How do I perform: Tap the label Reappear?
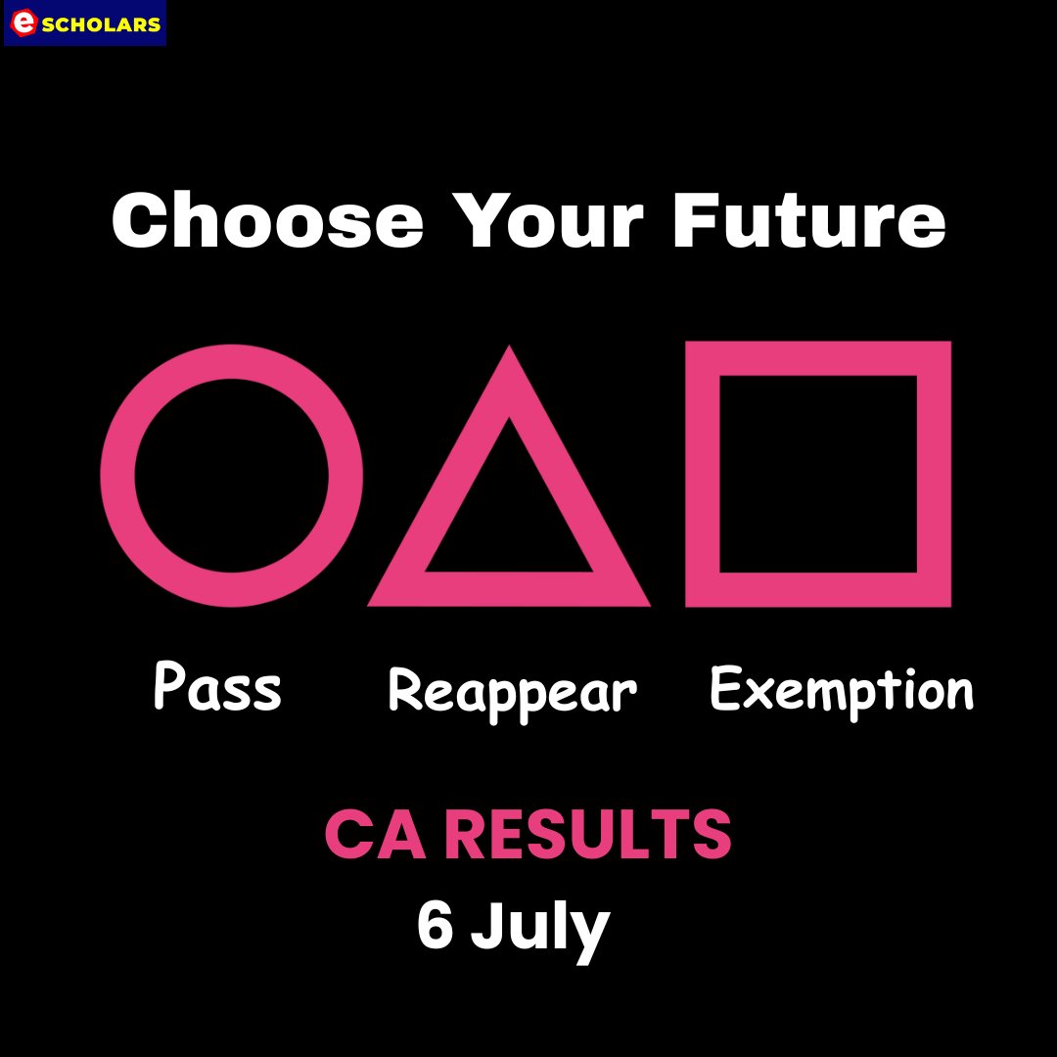[x=512, y=692]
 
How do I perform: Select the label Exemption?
[x=842, y=690]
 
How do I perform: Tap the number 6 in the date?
[x=435, y=926]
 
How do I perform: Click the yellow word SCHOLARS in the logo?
[x=101, y=24]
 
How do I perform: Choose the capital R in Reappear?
[x=404, y=691]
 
